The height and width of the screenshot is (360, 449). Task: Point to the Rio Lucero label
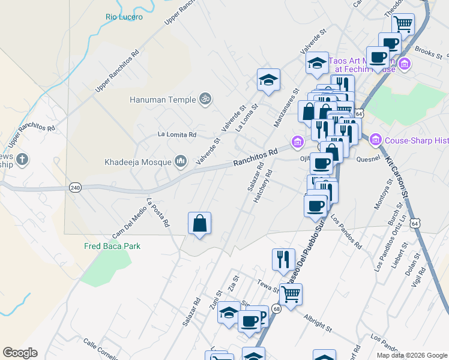click(x=124, y=17)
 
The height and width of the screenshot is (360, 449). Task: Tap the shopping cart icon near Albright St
click(x=291, y=295)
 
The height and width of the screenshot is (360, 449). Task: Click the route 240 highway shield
click(x=75, y=187)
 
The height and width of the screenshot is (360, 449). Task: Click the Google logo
click(x=20, y=353)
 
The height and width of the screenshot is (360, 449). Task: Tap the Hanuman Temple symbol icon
click(x=205, y=98)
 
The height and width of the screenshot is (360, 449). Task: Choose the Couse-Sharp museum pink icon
click(x=376, y=140)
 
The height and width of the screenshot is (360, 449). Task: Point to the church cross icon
click(x=22, y=160)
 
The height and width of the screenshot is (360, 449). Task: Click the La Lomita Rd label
click(x=176, y=135)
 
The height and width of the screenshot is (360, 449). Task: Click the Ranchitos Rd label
click(x=256, y=158)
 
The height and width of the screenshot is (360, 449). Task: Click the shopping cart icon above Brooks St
click(x=403, y=25)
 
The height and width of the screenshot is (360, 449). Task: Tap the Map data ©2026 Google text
click(x=411, y=355)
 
